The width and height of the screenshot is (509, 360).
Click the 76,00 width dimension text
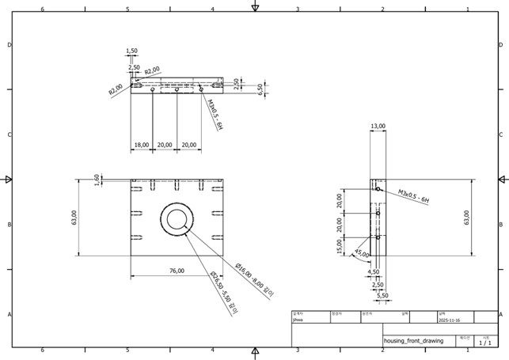click(177, 271)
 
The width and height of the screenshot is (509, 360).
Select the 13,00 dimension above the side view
click(378, 126)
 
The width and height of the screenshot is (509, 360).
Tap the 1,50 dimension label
click(132, 51)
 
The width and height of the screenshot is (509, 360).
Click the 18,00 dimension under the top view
click(142, 145)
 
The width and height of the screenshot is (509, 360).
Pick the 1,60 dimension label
click(97, 180)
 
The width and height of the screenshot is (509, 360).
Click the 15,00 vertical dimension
click(339, 246)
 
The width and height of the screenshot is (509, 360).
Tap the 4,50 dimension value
click(374, 271)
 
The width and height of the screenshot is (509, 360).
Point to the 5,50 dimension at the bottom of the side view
click(383, 295)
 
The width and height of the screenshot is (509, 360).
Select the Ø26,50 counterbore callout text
click(223, 294)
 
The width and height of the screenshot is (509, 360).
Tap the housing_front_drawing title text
click(413, 340)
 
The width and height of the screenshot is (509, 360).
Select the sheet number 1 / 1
click(485, 343)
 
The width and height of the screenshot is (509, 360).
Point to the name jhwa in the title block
click(298, 321)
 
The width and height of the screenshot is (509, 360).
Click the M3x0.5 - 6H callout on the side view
click(413, 196)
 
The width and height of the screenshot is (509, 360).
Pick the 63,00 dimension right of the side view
click(466, 217)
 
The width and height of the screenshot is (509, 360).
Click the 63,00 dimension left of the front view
click(74, 217)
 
